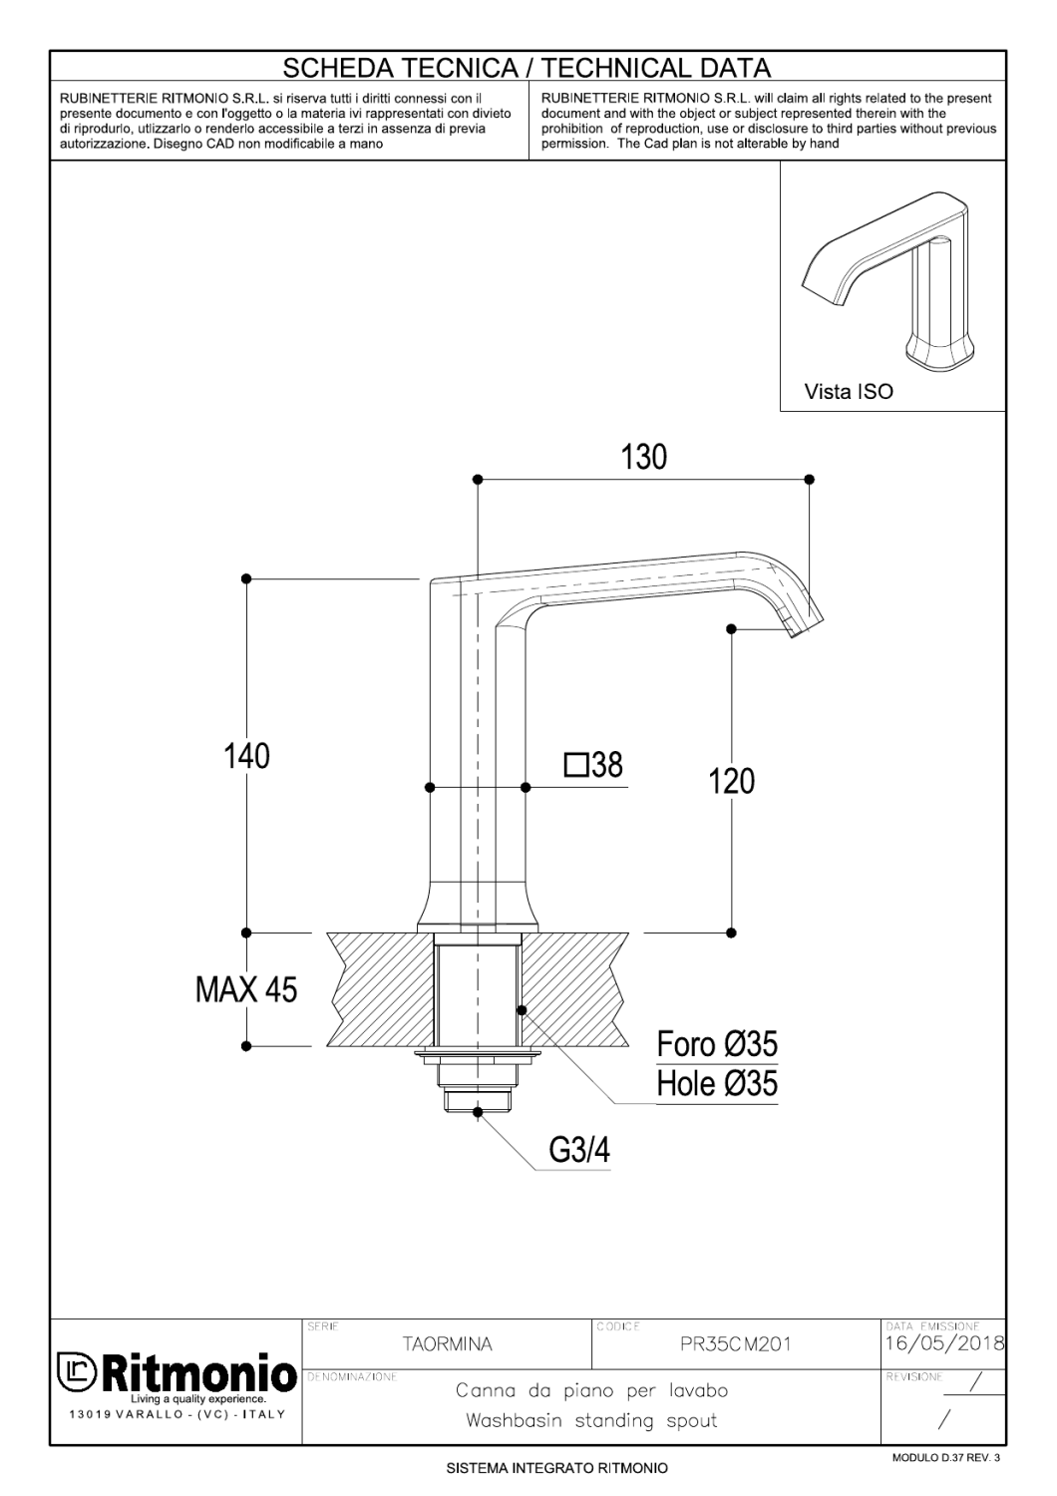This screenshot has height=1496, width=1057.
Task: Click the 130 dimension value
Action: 644,458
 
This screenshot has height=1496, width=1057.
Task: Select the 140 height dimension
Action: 246,756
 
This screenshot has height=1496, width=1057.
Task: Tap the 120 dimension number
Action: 732,781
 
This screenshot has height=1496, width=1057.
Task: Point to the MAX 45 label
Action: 246,990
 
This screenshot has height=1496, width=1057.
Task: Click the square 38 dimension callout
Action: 593,765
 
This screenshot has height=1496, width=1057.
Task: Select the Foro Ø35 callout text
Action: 716,1045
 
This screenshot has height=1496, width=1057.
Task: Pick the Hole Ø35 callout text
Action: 716,1084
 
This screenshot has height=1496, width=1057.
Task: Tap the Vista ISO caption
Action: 849,392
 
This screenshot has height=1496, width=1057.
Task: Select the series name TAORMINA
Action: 446,1344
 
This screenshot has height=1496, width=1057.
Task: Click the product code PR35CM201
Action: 735,1344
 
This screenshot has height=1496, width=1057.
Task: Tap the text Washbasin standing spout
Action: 591,1420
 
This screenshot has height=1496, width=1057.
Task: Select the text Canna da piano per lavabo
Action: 591,1390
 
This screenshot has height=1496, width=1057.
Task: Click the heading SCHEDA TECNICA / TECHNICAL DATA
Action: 528,68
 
